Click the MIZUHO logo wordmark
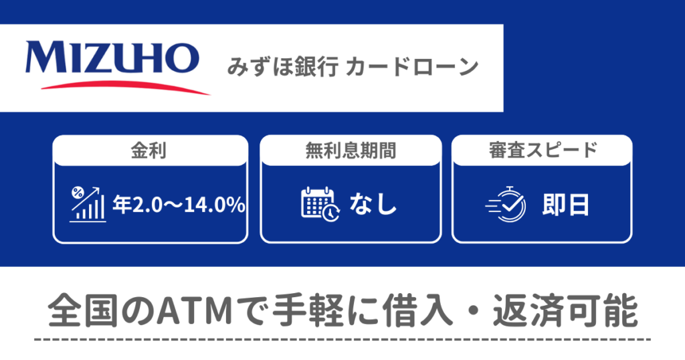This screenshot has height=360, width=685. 112,58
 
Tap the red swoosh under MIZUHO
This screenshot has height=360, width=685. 125,86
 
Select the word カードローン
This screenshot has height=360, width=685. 412,68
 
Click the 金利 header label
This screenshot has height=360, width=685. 149,151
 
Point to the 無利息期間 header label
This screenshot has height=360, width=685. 351,151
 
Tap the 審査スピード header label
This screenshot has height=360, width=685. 543,151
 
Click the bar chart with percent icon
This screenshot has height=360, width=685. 88,204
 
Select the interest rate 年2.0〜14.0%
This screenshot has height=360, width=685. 179,205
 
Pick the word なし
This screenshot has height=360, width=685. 373,205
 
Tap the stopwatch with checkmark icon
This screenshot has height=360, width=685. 506,204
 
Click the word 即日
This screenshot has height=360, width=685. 566,205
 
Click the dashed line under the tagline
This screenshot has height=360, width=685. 342,339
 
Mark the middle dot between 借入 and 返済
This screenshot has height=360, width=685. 473,312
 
